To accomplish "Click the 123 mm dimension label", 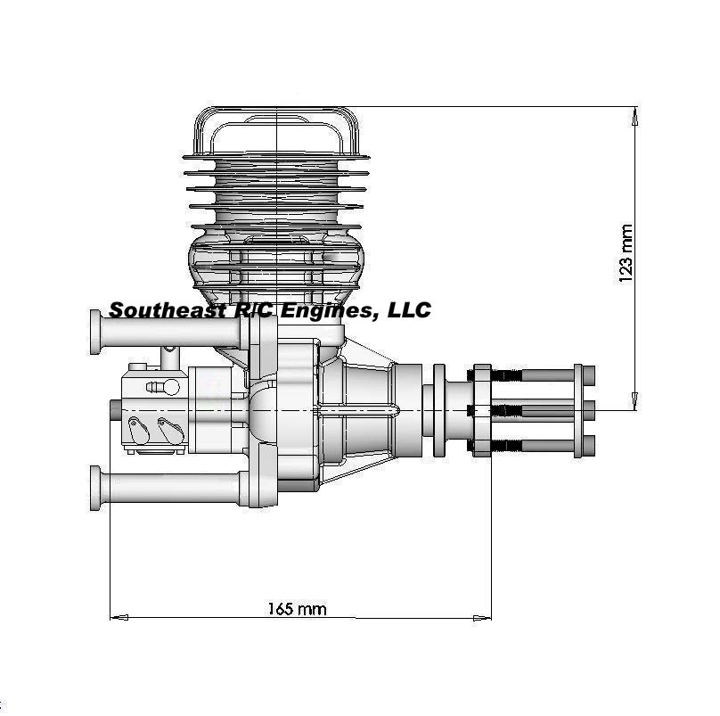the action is [x=626, y=253].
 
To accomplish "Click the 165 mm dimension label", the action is [x=297, y=609].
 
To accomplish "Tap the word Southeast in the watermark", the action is [x=168, y=310].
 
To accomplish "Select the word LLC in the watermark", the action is [x=410, y=309].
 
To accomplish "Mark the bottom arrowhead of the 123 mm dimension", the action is [x=635, y=401].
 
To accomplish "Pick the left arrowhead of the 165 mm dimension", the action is [x=119, y=618].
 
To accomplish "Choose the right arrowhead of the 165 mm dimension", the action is [x=482, y=618].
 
